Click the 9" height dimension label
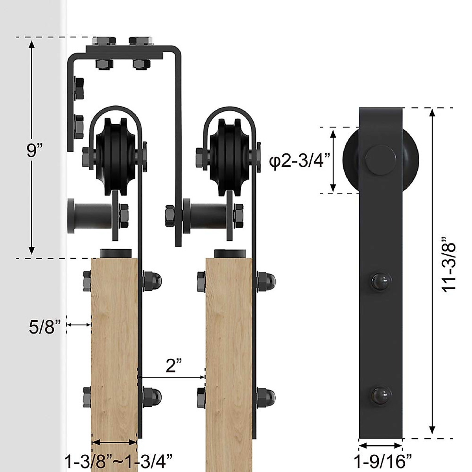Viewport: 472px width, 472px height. tap(35, 151)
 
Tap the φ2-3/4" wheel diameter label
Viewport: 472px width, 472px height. tap(300, 162)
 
